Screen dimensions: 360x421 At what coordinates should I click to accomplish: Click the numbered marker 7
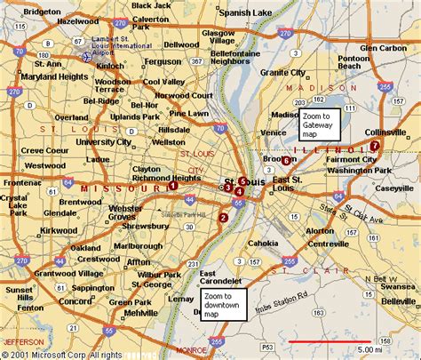[x=375, y=145]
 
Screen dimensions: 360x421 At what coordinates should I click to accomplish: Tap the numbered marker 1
[x=172, y=187]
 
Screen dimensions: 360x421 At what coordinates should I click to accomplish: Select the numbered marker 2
[x=223, y=218]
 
